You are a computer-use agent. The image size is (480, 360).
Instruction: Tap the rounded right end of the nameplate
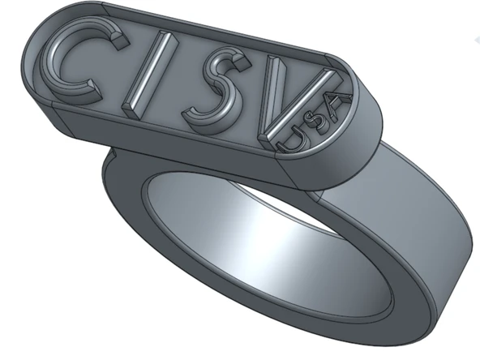[x=369, y=122]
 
